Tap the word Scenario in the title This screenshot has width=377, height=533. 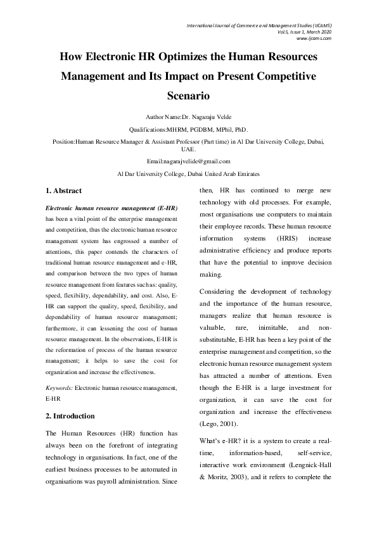tap(188, 97)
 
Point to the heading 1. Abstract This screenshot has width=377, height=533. tap(64, 191)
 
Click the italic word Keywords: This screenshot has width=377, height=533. tap(60, 386)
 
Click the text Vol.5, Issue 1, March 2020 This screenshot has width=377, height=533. tap(305, 32)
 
